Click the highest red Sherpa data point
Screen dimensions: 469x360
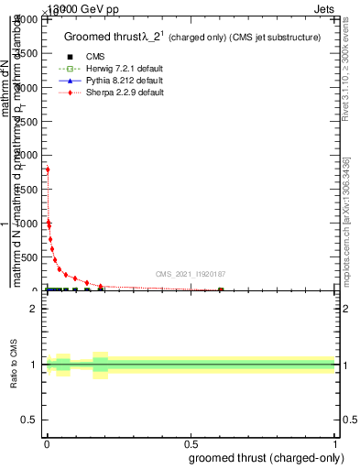48,169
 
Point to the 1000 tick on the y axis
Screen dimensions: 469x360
28,224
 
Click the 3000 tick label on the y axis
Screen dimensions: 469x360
28,88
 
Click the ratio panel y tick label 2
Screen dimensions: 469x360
33,309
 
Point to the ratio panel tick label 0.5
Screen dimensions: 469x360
29,421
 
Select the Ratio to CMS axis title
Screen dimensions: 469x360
14,364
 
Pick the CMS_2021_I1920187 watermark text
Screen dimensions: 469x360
191,273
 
